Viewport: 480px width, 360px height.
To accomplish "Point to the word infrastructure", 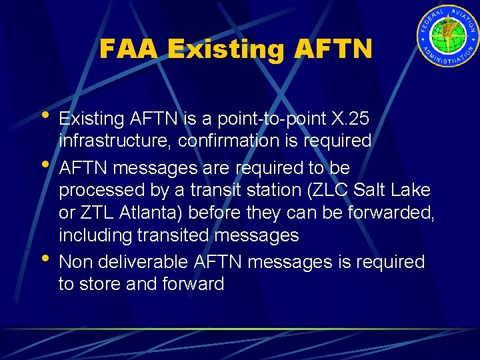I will tap(115, 141).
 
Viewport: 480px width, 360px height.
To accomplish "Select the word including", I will tap(97, 235).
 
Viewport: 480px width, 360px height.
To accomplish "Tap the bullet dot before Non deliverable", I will tap(44, 257).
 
